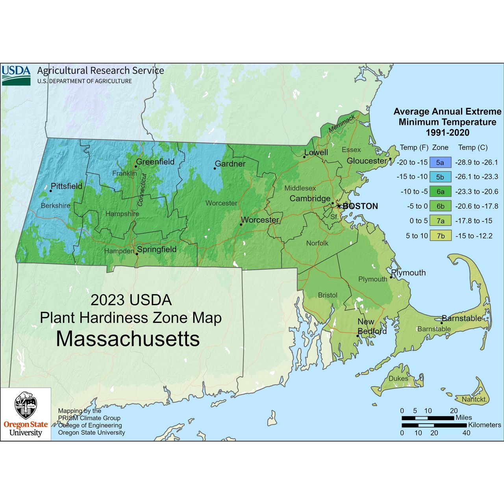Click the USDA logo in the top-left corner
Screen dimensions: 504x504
[x=16, y=75]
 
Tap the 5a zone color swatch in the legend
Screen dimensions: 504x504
[x=440, y=162]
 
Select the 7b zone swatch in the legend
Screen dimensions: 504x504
[x=440, y=236]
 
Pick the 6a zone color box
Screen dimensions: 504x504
[x=440, y=192]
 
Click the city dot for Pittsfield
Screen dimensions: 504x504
[x=50, y=191]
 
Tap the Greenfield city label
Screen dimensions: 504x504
[x=155, y=162]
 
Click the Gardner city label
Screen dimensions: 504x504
[x=230, y=164]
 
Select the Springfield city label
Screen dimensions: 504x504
[x=157, y=249]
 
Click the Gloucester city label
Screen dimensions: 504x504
[x=367, y=161]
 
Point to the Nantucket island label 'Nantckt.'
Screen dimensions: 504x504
[x=474, y=399]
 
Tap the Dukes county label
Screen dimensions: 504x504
[x=398, y=378]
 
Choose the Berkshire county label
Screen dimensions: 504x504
[x=56, y=206]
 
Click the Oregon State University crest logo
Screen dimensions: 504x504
[x=26, y=406]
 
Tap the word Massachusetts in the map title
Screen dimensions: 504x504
[x=128, y=339]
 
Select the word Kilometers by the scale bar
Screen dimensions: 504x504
[x=484, y=425]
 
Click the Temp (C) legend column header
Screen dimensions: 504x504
[x=472, y=147]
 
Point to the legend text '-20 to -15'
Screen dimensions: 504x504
[x=412, y=162]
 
